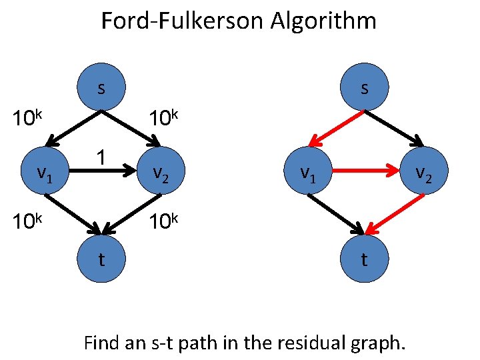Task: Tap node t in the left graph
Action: click(101, 258)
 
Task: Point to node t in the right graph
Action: click(363, 258)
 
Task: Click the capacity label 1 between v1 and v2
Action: click(101, 157)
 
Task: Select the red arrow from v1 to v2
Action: click(363, 172)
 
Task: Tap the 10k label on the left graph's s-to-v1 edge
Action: click(28, 119)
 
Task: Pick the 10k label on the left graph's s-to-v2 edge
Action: click(163, 119)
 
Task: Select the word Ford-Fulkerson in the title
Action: click(182, 21)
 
